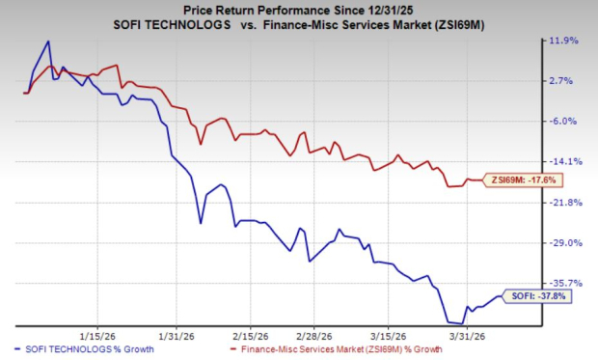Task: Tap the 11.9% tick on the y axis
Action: [563, 41]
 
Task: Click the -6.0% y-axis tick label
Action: [564, 122]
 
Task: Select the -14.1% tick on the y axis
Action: [563, 162]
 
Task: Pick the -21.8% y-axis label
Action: [563, 203]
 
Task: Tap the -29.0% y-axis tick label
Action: [563, 243]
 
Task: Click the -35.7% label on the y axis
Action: [563, 284]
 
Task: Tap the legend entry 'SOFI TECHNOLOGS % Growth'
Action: [92, 346]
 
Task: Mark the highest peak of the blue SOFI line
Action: [48, 42]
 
